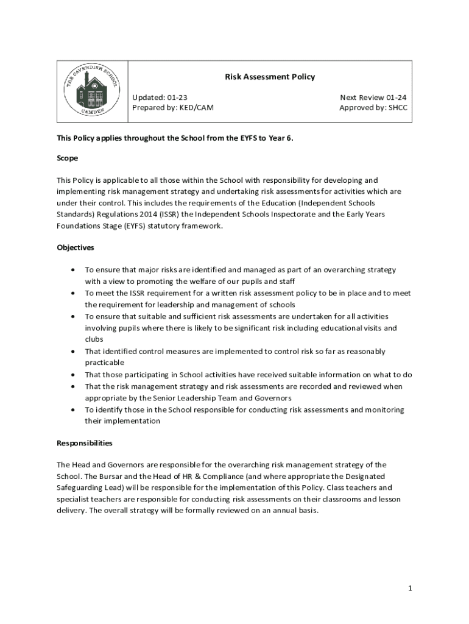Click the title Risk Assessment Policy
pyautogui.click(x=270, y=77)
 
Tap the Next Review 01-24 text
pyautogui.click(x=373, y=97)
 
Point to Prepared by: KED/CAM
pyautogui.click(x=173, y=108)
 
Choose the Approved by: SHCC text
pyautogui.click(x=373, y=108)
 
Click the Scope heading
pyautogui.click(x=68, y=158)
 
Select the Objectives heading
pyautogui.click(x=76, y=247)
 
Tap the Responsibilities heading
pyautogui.click(x=85, y=443)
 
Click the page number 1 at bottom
pyautogui.click(x=411, y=587)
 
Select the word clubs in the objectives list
pyautogui.click(x=94, y=339)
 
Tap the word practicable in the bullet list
pyautogui.click(x=104, y=363)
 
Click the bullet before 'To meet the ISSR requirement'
pyautogui.click(x=74, y=293)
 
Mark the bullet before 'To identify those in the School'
pyautogui.click(x=74, y=410)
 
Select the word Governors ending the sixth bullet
pyautogui.click(x=274, y=398)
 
